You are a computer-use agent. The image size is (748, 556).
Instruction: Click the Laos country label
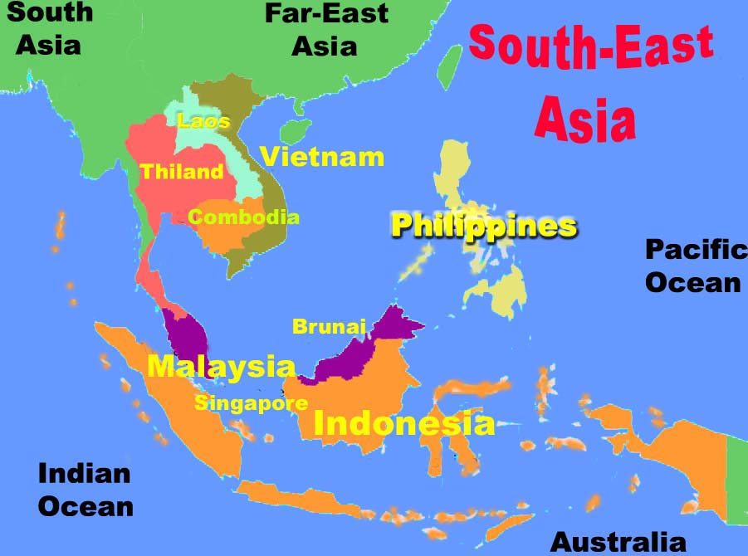point(203,122)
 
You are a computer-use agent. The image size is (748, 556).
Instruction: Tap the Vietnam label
point(322,156)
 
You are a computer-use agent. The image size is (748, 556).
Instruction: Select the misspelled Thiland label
point(182,173)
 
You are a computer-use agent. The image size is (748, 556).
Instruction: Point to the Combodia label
point(243,217)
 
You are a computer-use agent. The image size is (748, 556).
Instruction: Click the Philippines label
point(483,226)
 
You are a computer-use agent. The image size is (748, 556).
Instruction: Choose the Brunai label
point(329,327)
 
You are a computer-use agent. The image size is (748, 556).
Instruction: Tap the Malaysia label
point(221,366)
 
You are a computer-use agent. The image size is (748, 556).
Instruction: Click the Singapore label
point(252,404)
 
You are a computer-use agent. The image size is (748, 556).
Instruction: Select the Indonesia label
point(403,423)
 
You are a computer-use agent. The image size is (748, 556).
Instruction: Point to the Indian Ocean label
point(86,490)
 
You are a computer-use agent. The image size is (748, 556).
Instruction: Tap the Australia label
point(618,542)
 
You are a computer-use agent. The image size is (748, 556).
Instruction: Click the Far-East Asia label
point(325,29)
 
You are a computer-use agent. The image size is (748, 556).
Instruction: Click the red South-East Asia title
point(589,79)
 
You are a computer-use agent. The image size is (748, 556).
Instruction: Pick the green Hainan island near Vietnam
point(293,130)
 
